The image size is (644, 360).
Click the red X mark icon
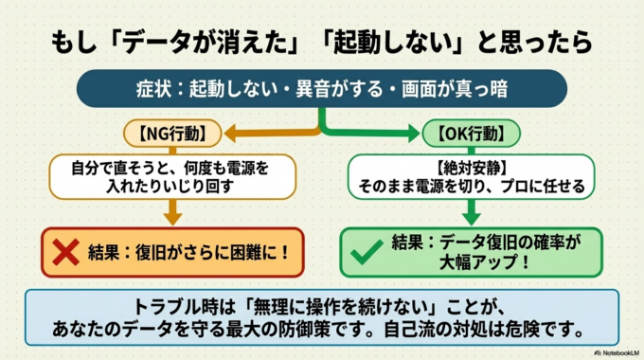tap(63, 252)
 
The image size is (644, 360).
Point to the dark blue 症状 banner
tap(321, 91)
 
